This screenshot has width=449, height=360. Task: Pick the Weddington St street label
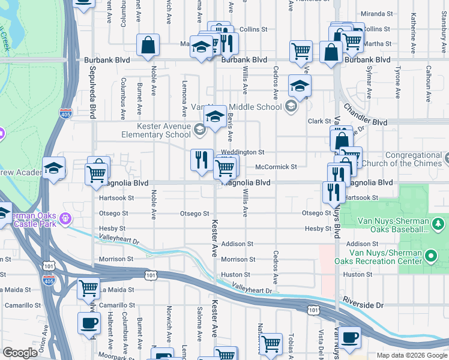[x=243, y=152]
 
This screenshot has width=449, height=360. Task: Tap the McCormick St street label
[x=276, y=167]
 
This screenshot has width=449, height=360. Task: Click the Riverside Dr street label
[x=366, y=298]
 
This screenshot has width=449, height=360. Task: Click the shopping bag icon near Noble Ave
[x=148, y=46]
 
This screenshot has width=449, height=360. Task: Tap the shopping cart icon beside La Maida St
[x=89, y=289]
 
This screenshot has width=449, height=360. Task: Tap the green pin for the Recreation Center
[x=430, y=257]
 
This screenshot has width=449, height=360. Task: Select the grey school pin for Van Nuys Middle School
[x=291, y=107]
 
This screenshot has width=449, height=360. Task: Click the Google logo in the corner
[x=20, y=353]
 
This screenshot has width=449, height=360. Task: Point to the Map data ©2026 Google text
[x=411, y=355]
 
